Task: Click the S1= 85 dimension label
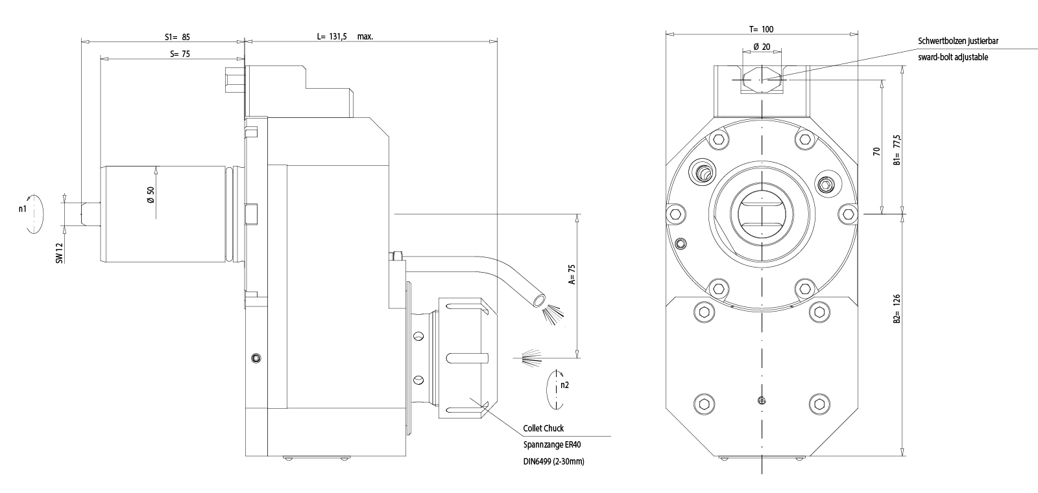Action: point(177,37)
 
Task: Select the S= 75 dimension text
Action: point(180,54)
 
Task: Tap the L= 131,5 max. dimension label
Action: point(344,37)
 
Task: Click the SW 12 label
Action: point(59,252)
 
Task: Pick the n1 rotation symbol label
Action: point(23,209)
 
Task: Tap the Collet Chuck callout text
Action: point(543,428)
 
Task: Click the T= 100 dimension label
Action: point(761,29)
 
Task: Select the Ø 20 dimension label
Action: point(762,47)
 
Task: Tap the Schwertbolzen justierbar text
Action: point(958,41)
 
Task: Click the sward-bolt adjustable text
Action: point(953,57)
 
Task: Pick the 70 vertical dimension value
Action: point(876,151)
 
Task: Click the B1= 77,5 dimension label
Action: point(897,150)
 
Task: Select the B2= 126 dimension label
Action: point(897,308)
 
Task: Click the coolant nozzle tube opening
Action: point(538,300)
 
